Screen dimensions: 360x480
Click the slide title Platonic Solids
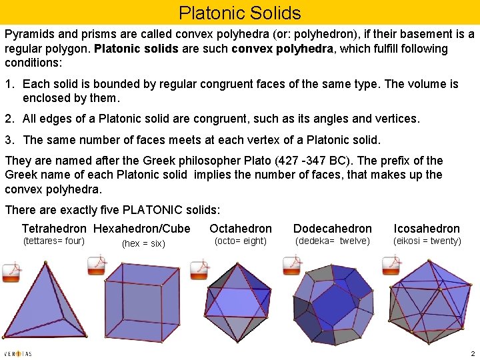(x=240, y=13)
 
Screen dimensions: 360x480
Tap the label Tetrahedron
(x=54, y=229)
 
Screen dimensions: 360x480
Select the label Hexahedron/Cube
(x=142, y=229)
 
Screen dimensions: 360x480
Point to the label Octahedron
(x=241, y=229)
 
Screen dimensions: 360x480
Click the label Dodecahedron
(x=333, y=229)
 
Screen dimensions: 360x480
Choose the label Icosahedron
(x=427, y=229)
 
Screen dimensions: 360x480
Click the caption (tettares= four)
(x=53, y=241)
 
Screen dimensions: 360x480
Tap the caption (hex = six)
(x=143, y=243)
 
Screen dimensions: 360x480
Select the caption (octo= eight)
(x=240, y=241)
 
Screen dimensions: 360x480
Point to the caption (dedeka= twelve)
(x=332, y=241)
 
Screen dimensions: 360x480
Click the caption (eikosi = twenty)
(x=427, y=241)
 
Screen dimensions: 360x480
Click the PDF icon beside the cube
(x=97, y=265)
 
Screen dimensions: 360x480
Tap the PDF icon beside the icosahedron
(x=391, y=265)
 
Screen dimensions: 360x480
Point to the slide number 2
(x=471, y=353)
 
